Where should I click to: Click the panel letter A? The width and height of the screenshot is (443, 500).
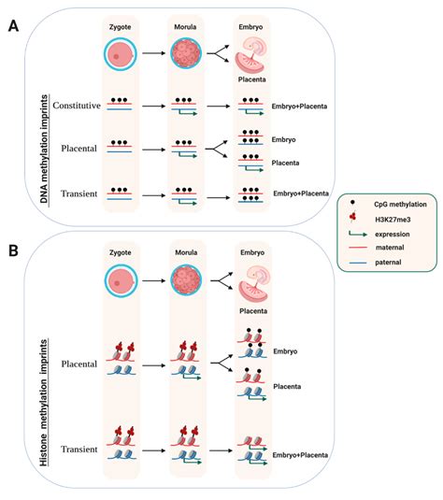pyautogui.click(x=15, y=26)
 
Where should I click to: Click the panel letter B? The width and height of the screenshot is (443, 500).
pyautogui.click(x=15, y=252)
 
